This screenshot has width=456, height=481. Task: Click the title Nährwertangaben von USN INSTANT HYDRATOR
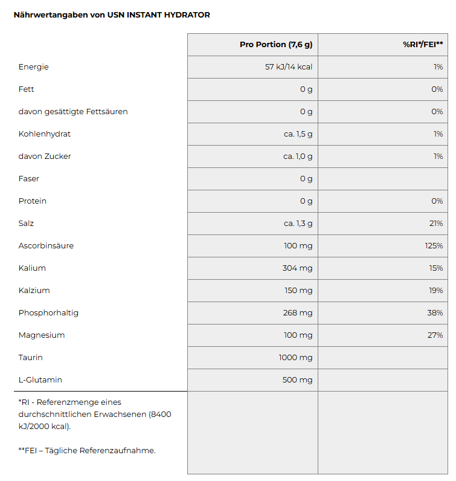[112, 15]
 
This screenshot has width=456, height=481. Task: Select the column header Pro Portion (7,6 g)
[275, 45]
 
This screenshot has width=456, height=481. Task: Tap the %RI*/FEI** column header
[423, 45]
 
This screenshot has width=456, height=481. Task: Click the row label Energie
[33, 67]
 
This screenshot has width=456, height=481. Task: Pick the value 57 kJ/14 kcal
[289, 67]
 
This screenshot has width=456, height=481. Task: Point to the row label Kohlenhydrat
[45, 134]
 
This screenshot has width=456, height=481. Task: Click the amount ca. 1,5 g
[298, 134]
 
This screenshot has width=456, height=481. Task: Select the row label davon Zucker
[45, 157]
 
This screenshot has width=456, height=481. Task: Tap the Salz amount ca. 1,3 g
[298, 224]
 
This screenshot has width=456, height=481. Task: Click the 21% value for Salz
[436, 224]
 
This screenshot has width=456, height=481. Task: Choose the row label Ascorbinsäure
[46, 246]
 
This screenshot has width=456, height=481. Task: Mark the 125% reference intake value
[434, 246]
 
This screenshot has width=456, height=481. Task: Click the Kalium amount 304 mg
[298, 268]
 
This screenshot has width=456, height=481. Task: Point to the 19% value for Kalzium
[436, 291]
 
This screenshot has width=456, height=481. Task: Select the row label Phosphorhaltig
[48, 313]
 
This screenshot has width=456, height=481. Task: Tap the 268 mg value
[298, 313]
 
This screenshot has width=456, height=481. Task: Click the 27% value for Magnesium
[435, 335]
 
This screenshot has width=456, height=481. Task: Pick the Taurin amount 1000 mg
[295, 358]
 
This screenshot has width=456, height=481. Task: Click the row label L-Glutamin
[40, 380]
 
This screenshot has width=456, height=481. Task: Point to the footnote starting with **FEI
[87, 450]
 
